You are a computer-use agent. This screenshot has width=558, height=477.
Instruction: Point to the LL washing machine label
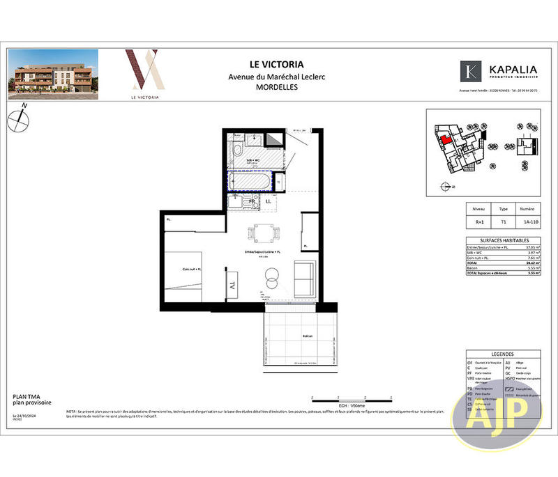point(269,202)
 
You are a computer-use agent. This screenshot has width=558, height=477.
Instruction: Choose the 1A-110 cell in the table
point(528,224)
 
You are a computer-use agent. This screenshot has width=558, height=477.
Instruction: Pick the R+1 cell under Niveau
point(479,224)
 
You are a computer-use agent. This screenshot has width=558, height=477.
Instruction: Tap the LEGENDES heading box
point(503,354)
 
